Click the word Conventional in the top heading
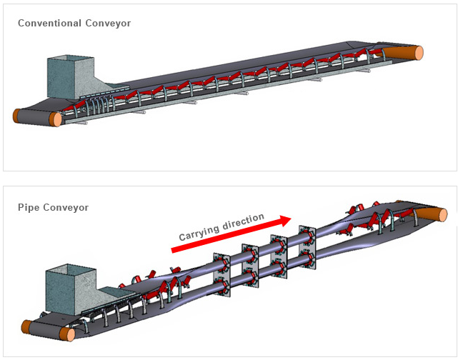pyautogui.click(x=49, y=23)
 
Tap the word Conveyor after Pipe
pyautogui.click(x=66, y=208)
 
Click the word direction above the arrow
pyautogui.click(x=244, y=221)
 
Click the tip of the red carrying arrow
pyautogui.click(x=292, y=218)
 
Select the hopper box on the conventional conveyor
pyautogui.click(x=71, y=77)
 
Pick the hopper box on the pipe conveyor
pyautogui.click(x=71, y=289)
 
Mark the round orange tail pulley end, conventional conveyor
pyautogui.click(x=56, y=119)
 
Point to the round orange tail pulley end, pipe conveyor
pyautogui.click(x=67, y=334)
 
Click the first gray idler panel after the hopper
pyautogui.click(x=222, y=275)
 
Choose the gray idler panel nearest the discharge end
pyautogui.click(x=307, y=248)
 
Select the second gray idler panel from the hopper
pyautogui.click(x=250, y=266)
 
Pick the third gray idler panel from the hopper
pyautogui.click(x=279, y=256)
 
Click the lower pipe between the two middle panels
pyautogui.click(x=264, y=271)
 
